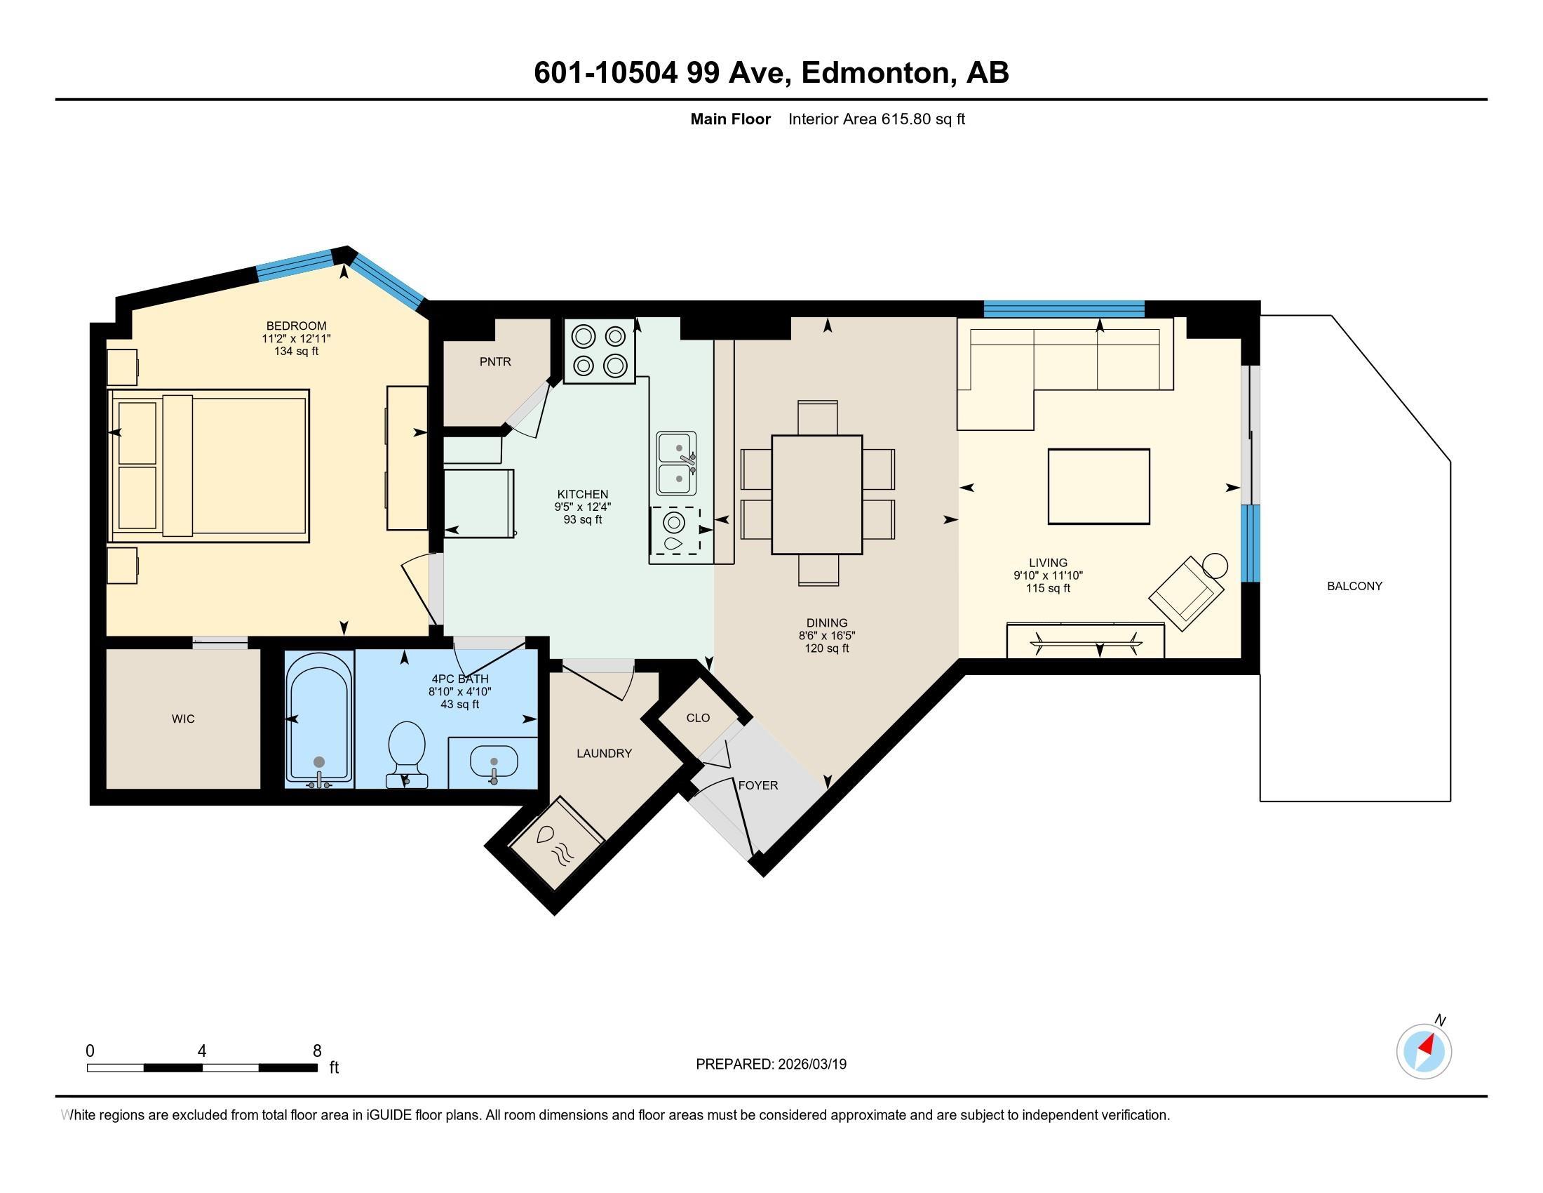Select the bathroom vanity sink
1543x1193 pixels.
(494, 762)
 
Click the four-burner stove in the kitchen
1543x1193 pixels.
(599, 351)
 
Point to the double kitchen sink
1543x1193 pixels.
(676, 463)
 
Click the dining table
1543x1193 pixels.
(816, 494)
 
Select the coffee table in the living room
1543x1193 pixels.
(1098, 486)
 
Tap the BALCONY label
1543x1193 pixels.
(1354, 586)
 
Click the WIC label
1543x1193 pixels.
(183, 719)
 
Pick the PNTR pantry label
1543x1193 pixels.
(494, 362)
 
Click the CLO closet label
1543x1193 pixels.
(697, 718)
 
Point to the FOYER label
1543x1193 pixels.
(757, 785)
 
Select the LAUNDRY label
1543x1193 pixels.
(603, 754)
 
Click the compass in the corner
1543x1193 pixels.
(1424, 1052)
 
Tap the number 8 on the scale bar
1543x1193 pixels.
(317, 1051)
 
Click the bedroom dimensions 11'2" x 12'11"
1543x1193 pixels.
(296, 338)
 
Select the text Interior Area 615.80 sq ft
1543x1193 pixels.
(876, 119)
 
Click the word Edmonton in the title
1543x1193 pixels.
(875, 73)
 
